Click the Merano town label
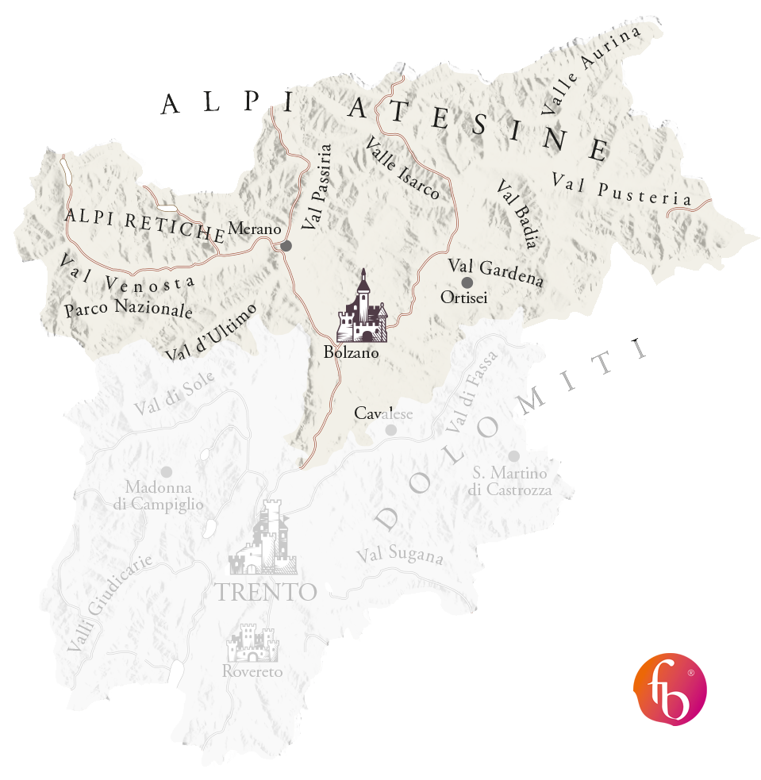(x=255, y=229)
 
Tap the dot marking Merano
(x=286, y=246)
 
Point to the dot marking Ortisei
(x=467, y=282)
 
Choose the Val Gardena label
(x=496, y=272)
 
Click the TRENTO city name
(x=267, y=592)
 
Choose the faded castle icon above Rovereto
(x=252, y=643)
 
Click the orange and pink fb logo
(x=670, y=689)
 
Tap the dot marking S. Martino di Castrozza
(x=513, y=455)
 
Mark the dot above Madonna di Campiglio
(x=166, y=471)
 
